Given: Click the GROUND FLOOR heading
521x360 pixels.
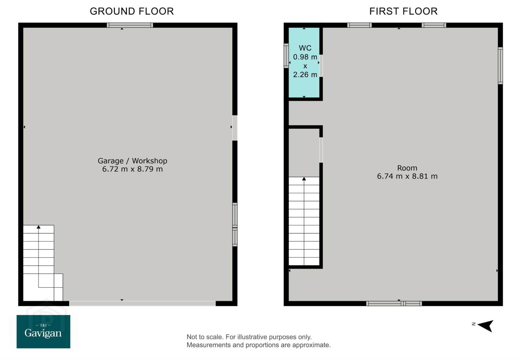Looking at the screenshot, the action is [132, 11].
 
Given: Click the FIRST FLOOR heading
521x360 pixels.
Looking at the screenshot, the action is [403, 11].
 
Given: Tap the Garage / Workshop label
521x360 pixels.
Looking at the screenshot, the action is [132, 161].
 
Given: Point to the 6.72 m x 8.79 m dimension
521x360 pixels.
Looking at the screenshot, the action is [132, 169].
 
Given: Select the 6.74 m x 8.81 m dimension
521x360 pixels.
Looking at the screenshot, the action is [407, 176].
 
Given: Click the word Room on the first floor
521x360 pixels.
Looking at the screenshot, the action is [407, 168].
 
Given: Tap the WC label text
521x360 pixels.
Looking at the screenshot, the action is [305, 48].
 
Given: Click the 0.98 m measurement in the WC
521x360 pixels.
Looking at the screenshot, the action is [305, 57].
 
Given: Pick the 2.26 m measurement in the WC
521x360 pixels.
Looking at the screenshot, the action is [305, 75].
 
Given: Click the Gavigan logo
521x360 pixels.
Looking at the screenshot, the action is [43, 331].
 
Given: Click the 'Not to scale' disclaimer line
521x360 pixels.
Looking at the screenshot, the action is [249, 337].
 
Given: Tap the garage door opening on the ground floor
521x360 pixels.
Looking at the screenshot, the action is [142, 303].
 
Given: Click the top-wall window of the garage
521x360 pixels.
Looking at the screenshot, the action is [130, 25].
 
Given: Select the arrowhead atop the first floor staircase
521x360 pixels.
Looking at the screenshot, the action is [304, 179].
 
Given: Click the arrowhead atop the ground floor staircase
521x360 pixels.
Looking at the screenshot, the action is [39, 227].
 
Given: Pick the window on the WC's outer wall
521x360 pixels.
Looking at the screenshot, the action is [286, 56].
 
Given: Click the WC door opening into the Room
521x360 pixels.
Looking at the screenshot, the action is [321, 66].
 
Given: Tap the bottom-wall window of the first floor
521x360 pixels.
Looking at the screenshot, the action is [394, 303].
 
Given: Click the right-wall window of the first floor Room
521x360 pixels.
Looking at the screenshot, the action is [500, 66].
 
